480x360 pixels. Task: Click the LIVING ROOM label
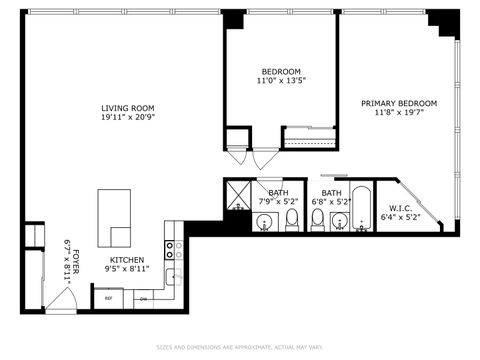[127, 108]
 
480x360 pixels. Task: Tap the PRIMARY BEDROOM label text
[399, 103]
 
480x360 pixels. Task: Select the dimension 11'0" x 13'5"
[281, 82]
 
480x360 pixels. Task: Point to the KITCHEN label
[126, 258]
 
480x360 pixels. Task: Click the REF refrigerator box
[107, 298]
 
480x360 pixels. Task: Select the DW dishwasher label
[143, 298]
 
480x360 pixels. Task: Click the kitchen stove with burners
[172, 250]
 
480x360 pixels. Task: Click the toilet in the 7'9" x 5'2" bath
[292, 219]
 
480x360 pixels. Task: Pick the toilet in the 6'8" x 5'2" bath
[318, 219]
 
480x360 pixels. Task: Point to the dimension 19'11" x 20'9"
[127, 119]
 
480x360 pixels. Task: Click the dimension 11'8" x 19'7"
[399, 114]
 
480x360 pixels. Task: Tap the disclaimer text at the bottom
[240, 347]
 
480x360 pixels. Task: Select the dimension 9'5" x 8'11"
[126, 268]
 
